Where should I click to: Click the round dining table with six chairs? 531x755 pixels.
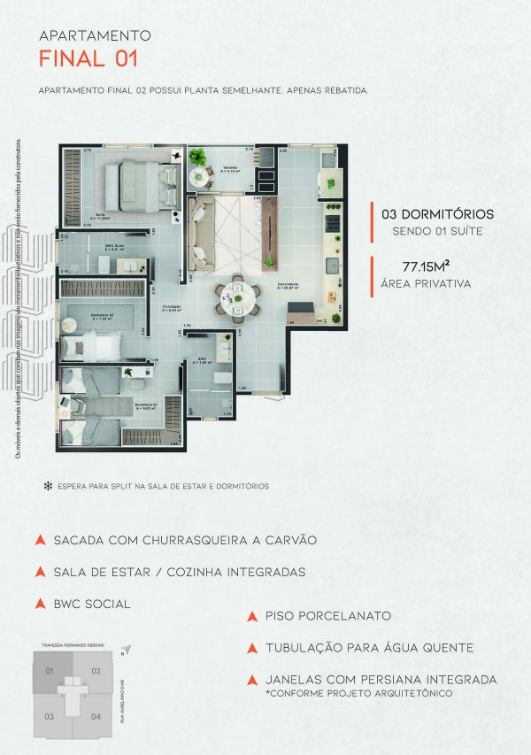tap(237, 297)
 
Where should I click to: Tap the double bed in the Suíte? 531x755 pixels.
tap(138, 184)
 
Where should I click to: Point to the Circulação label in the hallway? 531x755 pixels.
tap(172, 307)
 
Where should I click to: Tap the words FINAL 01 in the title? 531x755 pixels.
tap(88, 59)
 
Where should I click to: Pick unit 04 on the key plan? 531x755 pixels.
tap(95, 715)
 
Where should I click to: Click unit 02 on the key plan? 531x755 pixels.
tap(96, 671)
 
